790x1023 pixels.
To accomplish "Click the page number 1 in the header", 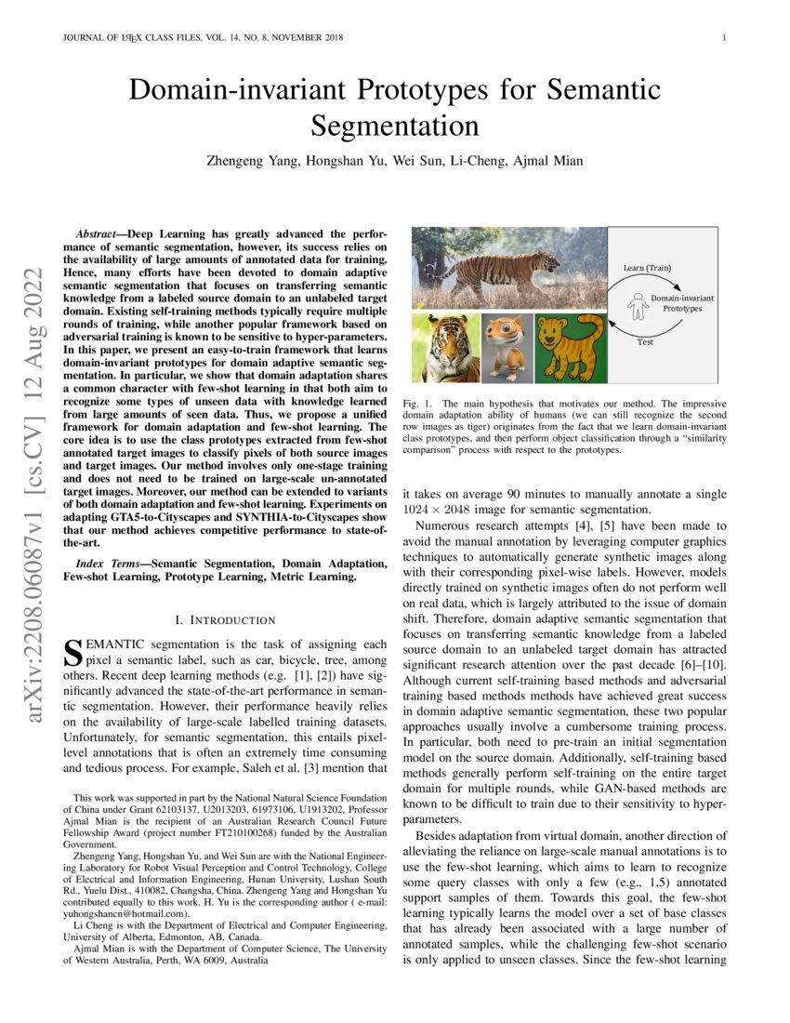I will (722, 38).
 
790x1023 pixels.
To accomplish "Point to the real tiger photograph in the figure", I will (507, 268).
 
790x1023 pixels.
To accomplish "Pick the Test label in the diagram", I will (644, 341).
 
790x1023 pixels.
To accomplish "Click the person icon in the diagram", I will (637, 302).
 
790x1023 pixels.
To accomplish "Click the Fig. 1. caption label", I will (420, 405).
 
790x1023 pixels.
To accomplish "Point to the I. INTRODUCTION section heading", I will (226, 619).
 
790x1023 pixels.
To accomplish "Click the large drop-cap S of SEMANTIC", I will (69, 652).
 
